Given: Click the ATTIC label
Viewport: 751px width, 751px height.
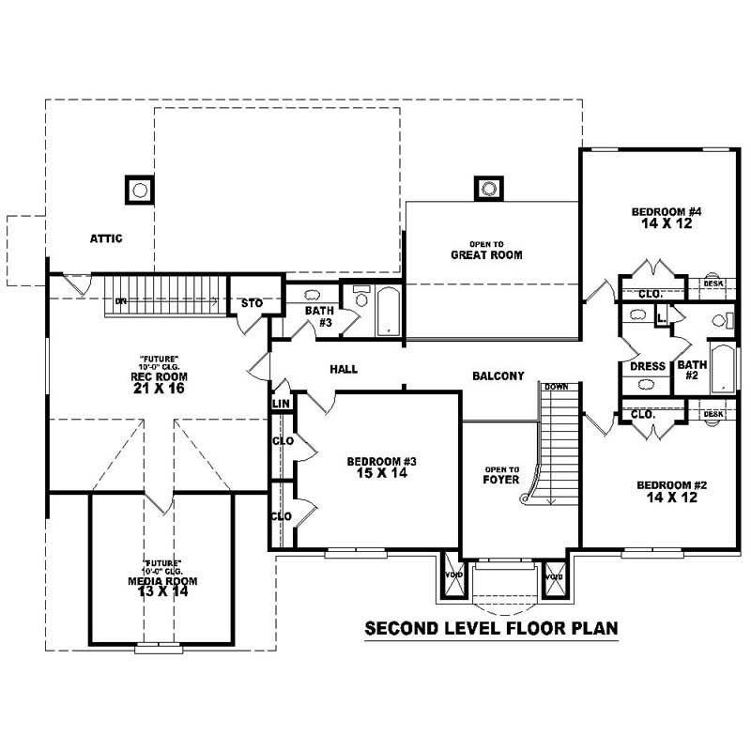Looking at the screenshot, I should pyautogui.click(x=106, y=238).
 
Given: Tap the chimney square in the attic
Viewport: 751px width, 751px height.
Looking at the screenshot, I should pyautogui.click(x=140, y=191).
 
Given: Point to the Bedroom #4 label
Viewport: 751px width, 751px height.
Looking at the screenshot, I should pyautogui.click(x=667, y=218).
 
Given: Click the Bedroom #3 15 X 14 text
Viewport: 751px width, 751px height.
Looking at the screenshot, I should pyautogui.click(x=381, y=467).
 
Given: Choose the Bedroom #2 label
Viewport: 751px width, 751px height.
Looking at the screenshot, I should pyautogui.click(x=671, y=491).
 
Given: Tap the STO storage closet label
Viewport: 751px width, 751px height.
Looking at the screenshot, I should pyautogui.click(x=252, y=303).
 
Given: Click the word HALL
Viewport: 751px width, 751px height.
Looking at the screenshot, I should pyautogui.click(x=344, y=370).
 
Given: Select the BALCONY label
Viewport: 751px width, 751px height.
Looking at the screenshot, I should pyautogui.click(x=498, y=375).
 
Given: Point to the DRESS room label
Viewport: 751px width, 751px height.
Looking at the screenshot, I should pyautogui.click(x=647, y=366).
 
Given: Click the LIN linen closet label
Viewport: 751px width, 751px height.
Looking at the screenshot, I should pyautogui.click(x=281, y=404).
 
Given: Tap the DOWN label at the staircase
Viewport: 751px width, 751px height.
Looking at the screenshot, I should pyautogui.click(x=556, y=387).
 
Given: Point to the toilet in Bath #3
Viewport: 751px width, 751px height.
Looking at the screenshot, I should pyautogui.click(x=360, y=298).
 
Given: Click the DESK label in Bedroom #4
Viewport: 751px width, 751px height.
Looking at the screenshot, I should pyautogui.click(x=713, y=284).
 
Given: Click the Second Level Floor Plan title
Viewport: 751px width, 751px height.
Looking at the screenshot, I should pyautogui.click(x=491, y=628).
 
